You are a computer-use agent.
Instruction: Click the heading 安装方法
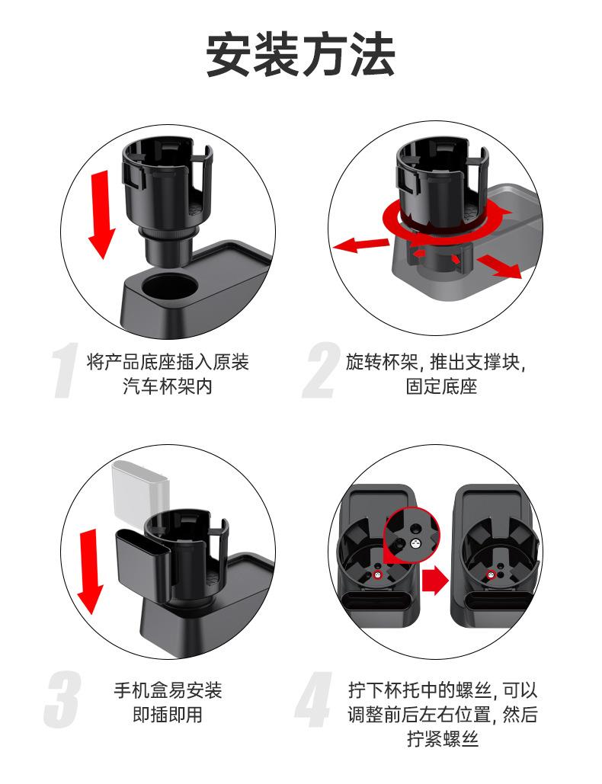300,55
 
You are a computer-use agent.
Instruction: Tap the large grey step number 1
65,370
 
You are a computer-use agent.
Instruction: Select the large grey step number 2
321,370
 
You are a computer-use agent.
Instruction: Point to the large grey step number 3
62,699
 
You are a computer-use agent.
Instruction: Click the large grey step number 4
314,699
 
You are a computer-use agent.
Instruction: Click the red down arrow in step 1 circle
101,214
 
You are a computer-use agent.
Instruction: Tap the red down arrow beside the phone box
91,571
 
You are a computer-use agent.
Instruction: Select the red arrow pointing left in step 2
360,245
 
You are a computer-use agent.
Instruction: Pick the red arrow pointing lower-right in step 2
498,266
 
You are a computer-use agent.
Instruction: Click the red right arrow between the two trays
434,581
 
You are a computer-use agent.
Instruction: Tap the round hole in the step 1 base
168,286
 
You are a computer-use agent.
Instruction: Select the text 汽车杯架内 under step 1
168,386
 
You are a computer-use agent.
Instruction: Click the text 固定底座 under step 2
441,386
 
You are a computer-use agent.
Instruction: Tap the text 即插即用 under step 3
168,715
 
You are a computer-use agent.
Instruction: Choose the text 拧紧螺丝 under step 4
443,738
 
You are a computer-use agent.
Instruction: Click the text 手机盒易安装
168,690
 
